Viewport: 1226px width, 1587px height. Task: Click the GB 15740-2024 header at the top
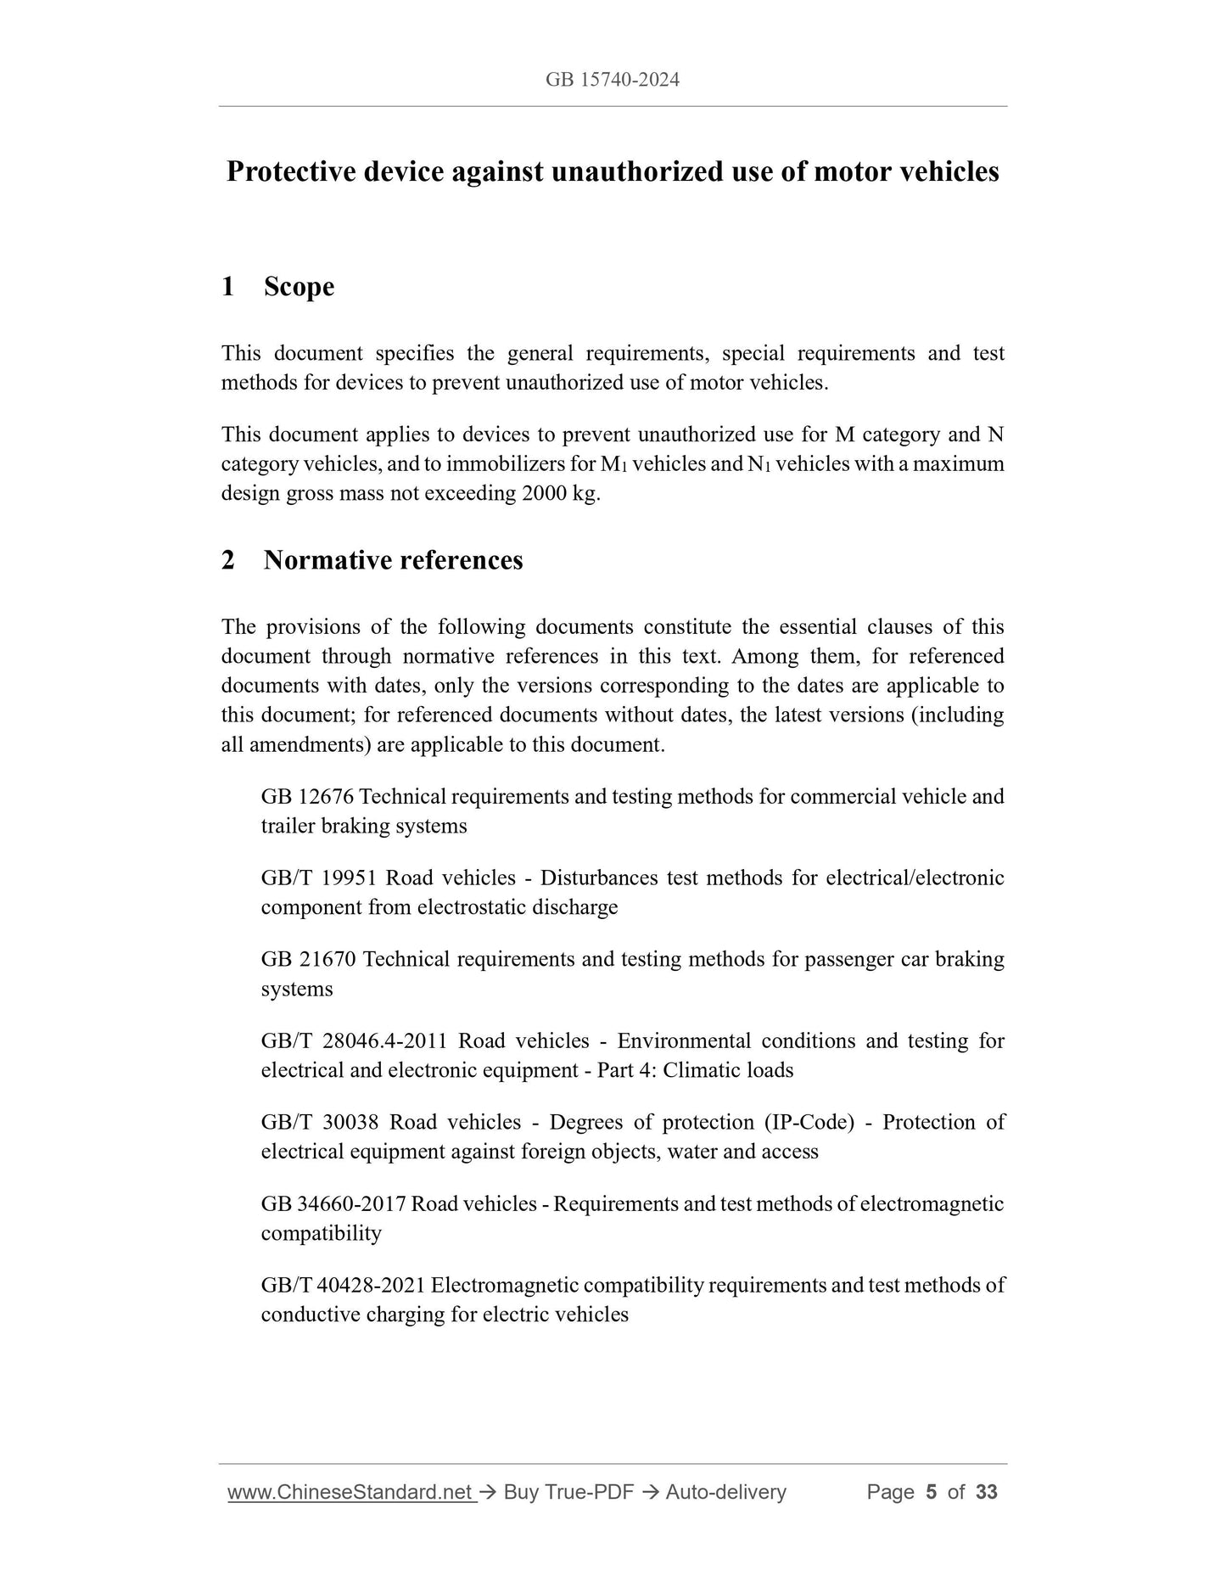[x=612, y=80]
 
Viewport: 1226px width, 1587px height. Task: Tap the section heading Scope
[x=299, y=287]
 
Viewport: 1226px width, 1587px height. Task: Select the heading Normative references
[x=393, y=560]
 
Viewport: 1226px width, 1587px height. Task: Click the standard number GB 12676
[x=307, y=796]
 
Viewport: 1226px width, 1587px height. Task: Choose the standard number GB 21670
[x=308, y=959]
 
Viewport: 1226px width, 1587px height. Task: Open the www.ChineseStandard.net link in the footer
[x=350, y=1492]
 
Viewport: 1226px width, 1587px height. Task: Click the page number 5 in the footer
[x=931, y=1492]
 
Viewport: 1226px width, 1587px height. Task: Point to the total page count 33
[x=986, y=1492]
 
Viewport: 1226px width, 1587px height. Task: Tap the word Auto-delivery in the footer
[x=725, y=1492]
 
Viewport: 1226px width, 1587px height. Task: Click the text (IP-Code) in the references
[x=809, y=1122]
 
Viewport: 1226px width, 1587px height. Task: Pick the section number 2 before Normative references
[x=227, y=560]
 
